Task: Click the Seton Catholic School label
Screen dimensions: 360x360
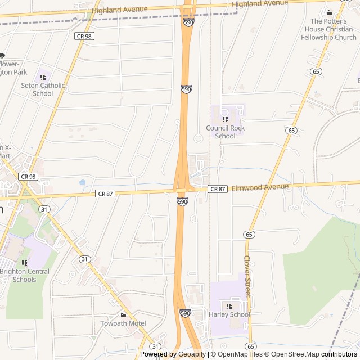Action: pyautogui.click(x=43, y=89)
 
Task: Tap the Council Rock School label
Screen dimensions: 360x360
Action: pyautogui.click(x=225, y=132)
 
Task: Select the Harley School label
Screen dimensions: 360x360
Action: pyautogui.click(x=229, y=314)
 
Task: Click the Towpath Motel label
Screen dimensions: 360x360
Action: pyautogui.click(x=123, y=323)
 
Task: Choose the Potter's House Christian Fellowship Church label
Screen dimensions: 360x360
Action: pyautogui.click(x=329, y=29)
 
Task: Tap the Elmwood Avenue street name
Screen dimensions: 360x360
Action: pyautogui.click(x=260, y=187)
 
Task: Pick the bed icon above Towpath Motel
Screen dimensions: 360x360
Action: pyautogui.click(x=123, y=314)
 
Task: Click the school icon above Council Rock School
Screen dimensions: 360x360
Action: pyautogui.click(x=225, y=119)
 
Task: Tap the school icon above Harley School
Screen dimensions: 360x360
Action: pyautogui.click(x=229, y=305)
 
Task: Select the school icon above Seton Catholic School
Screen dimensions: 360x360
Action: pyautogui.click(x=43, y=77)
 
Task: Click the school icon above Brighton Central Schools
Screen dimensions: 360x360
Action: pyautogui.click(x=24, y=263)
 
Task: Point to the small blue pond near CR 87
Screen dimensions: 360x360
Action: pyautogui.click(x=83, y=182)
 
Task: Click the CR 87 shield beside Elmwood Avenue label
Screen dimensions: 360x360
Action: pyautogui.click(x=218, y=189)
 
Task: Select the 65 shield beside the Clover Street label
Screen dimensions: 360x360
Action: pyautogui.click(x=249, y=234)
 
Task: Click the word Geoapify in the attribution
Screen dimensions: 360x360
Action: pyautogui.click(x=192, y=354)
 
